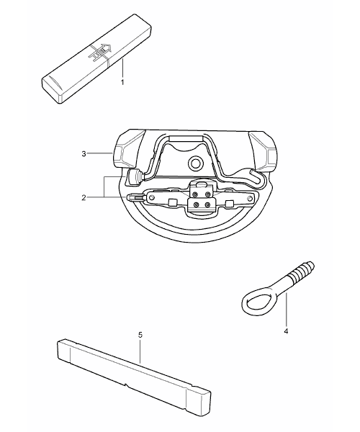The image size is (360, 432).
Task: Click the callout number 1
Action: tap(122, 82)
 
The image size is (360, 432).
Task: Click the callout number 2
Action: tap(84, 197)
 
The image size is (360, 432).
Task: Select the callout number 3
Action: tap(84, 154)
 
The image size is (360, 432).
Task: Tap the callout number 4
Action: tap(286, 331)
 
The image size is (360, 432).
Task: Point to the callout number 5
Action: tap(140, 335)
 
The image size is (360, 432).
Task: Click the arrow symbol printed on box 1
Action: tap(99, 51)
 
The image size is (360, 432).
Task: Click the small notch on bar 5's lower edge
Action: tap(126, 384)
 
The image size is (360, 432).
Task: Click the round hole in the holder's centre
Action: tap(195, 163)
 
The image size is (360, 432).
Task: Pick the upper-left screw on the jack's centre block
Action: tap(195, 194)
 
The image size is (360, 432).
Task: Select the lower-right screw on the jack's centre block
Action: tap(208, 205)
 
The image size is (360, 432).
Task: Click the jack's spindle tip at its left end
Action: tap(130, 197)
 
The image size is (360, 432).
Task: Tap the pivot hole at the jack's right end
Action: tap(250, 199)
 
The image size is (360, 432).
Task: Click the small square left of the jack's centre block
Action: tap(172, 203)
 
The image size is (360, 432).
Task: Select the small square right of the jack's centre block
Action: tap(230, 204)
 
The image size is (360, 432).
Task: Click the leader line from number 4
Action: tap(286, 310)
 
